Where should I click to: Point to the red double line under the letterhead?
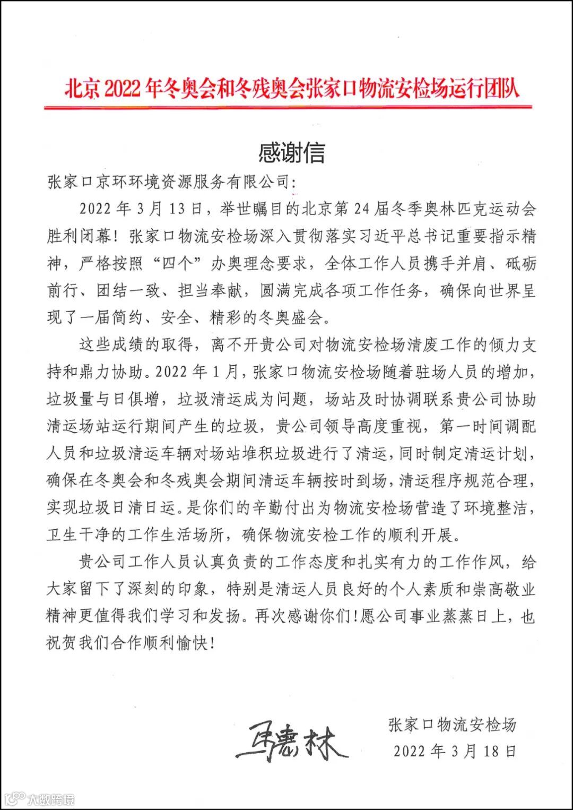(287, 107)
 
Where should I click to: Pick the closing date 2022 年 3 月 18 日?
(455, 751)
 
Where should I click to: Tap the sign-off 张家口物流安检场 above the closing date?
(452, 725)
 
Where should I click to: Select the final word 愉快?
(193, 644)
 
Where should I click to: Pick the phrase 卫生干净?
(79, 535)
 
